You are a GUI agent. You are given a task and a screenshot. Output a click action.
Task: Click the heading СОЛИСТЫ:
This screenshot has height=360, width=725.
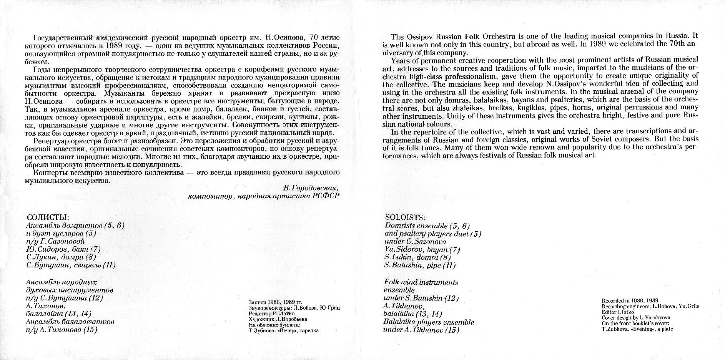[x=48, y=217]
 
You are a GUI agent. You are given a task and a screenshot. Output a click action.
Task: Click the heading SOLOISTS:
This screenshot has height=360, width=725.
[x=405, y=217]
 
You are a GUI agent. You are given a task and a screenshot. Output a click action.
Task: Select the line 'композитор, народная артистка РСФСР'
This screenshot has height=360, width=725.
[x=264, y=196]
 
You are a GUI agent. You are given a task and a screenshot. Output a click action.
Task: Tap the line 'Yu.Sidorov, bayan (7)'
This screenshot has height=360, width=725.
[x=422, y=249]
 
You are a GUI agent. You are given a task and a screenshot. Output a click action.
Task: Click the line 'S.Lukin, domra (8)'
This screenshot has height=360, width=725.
[x=417, y=257]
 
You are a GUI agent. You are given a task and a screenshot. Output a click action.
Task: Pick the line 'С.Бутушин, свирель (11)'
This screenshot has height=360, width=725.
[x=71, y=265]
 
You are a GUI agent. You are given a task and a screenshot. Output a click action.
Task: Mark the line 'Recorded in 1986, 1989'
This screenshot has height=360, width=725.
[x=630, y=301]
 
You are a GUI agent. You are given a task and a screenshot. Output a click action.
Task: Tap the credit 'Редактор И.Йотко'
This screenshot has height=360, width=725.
[x=272, y=314]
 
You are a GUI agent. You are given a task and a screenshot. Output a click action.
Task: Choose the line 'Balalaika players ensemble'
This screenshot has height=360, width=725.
[x=429, y=322]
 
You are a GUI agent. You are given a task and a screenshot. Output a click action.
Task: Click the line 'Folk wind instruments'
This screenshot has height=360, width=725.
[x=421, y=282]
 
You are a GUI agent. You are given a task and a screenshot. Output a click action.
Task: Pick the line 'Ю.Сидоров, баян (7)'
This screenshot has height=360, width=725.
[x=63, y=249]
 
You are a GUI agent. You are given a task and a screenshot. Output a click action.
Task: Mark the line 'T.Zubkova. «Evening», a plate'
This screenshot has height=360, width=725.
[x=637, y=329]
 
